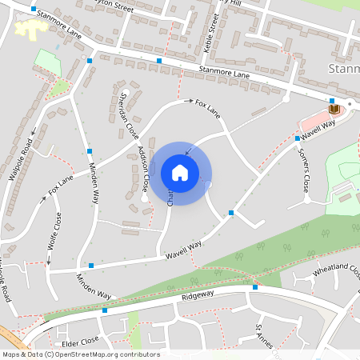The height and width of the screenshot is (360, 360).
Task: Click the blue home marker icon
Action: pos(180,172)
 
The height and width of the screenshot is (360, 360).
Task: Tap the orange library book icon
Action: pos(334,109)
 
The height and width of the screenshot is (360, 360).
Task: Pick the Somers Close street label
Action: pos(303,171)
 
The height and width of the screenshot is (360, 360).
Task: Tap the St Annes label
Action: pos(265,336)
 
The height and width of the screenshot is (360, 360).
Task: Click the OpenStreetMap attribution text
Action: pos(80,354)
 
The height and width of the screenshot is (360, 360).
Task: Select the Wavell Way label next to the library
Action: pos(318,130)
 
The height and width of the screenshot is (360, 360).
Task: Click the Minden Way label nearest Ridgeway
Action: pos(94,286)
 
